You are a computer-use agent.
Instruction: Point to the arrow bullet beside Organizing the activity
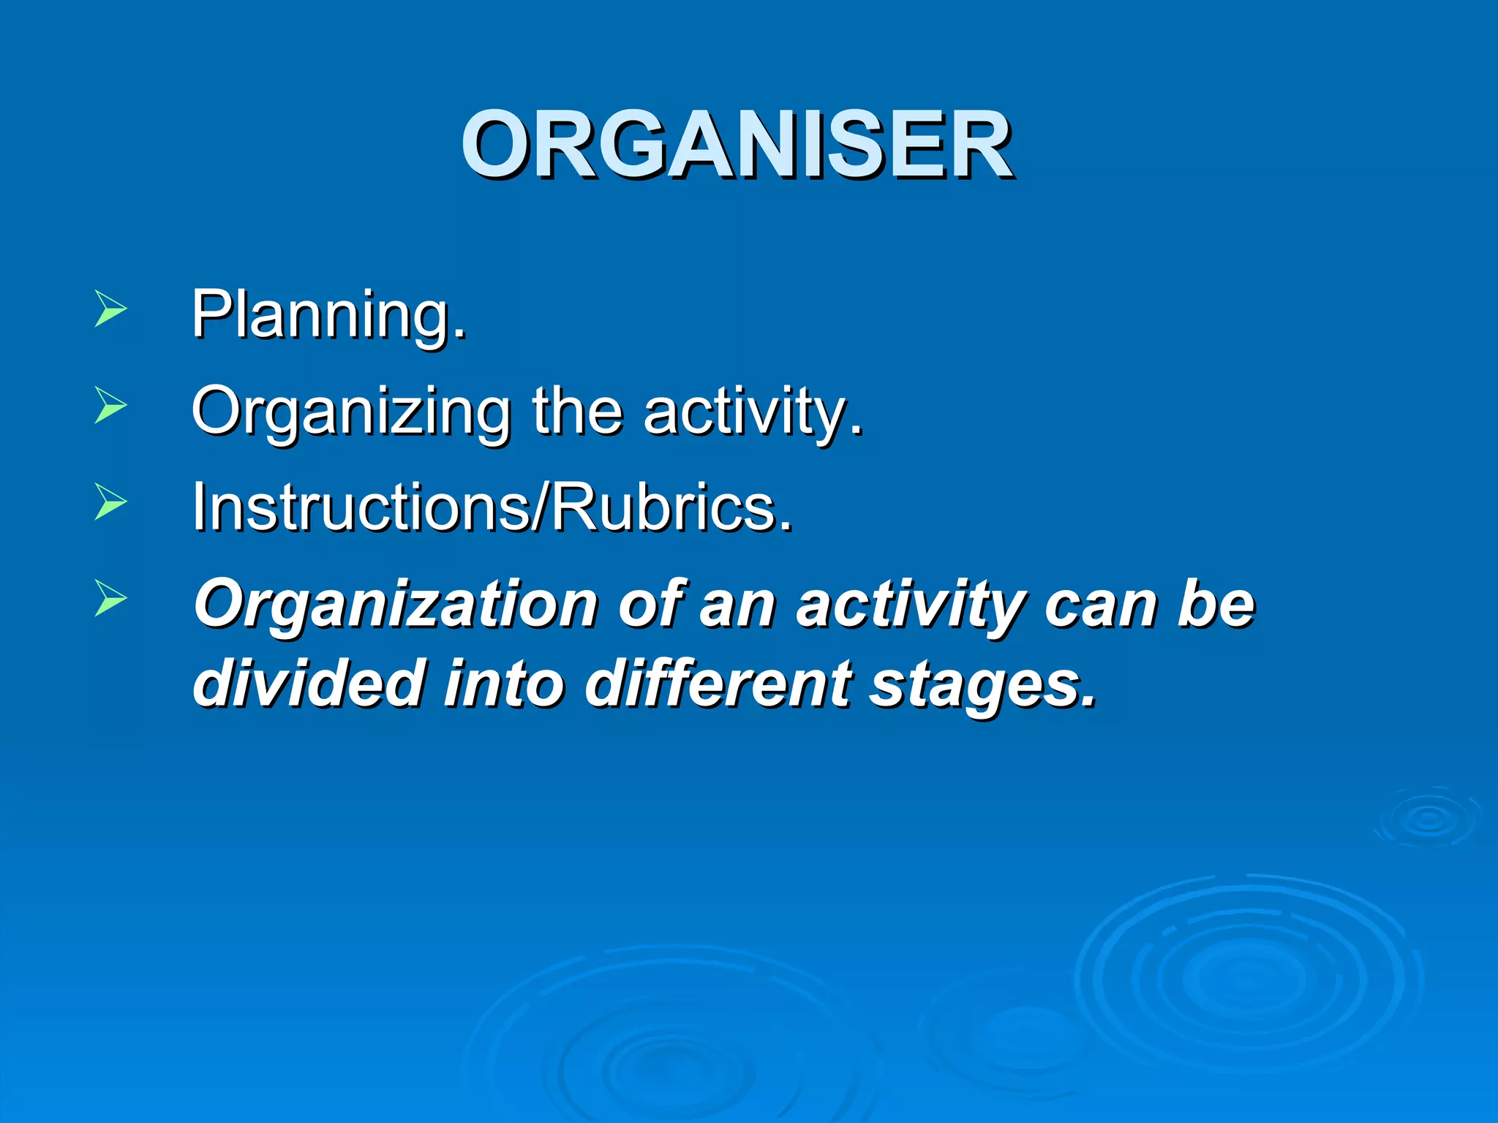coord(110,405)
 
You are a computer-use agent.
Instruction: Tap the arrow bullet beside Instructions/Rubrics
coord(110,502)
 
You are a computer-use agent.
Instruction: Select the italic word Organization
coord(396,605)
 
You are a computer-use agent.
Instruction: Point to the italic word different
coord(718,683)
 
